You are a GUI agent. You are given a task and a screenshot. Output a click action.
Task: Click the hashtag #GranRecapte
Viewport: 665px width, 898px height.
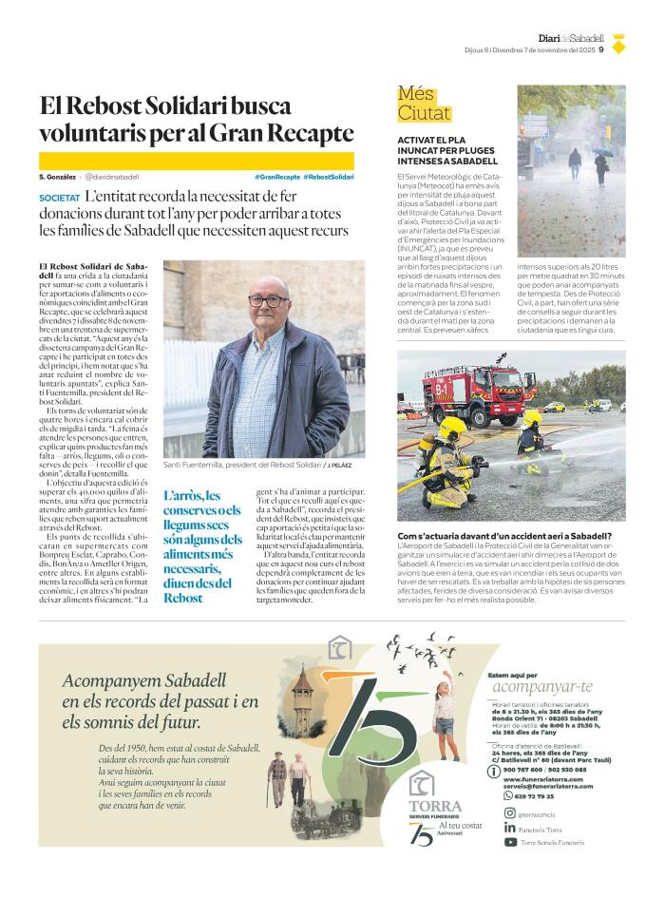click(x=277, y=177)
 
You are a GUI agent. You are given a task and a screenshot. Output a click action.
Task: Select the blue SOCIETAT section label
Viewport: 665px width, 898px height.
click(x=59, y=197)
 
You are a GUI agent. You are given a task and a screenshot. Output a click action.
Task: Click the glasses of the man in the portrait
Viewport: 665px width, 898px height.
click(x=268, y=301)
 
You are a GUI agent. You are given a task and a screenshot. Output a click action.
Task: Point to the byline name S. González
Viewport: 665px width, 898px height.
click(x=57, y=177)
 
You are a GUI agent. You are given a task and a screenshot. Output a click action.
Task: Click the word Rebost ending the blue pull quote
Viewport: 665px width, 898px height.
click(x=182, y=598)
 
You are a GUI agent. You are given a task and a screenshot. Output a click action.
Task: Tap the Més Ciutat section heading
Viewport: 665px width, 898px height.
click(x=424, y=104)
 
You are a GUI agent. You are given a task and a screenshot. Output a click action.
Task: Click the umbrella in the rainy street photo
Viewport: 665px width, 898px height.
click(x=601, y=151)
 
